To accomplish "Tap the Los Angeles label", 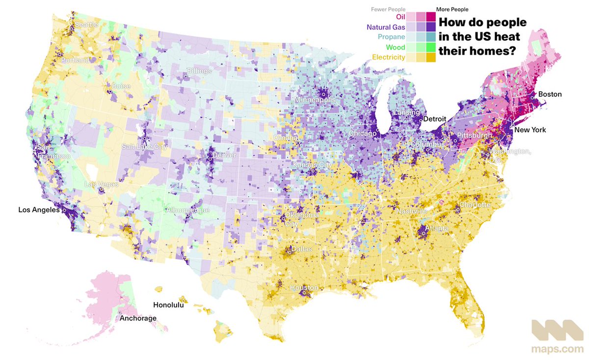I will point(38,210).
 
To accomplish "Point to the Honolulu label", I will point(168,305).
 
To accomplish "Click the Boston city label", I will point(550,94).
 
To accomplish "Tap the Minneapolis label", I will point(314,100).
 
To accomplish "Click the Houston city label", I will point(304,287).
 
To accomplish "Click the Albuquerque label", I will point(189,210).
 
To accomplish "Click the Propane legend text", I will point(392,37).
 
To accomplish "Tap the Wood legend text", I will point(395,47).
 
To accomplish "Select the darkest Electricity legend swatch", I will point(430,57).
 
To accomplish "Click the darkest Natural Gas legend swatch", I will point(430,27).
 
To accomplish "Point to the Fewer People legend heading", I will point(387,9).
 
